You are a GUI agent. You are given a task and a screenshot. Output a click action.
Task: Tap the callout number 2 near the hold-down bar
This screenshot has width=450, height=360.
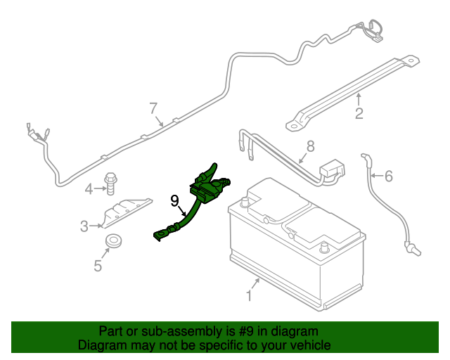(x=359, y=113)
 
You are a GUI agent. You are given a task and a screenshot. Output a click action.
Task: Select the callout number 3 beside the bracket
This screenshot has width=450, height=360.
(x=84, y=226)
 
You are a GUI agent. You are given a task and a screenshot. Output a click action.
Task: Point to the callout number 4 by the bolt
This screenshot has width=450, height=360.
(x=89, y=188)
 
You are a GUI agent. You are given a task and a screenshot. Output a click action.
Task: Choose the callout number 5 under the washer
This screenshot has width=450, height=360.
(x=98, y=265)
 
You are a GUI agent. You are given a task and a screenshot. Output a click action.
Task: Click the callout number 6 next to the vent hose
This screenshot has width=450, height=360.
(x=388, y=176)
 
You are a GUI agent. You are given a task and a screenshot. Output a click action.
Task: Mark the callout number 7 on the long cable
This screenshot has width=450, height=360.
(x=153, y=108)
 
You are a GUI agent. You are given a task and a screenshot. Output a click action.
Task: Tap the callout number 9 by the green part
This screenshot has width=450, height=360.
(x=175, y=200)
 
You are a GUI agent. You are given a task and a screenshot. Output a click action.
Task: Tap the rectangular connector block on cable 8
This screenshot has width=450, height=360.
(x=331, y=171)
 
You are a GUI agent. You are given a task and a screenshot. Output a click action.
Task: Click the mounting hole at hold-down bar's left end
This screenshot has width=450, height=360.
(x=290, y=126)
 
